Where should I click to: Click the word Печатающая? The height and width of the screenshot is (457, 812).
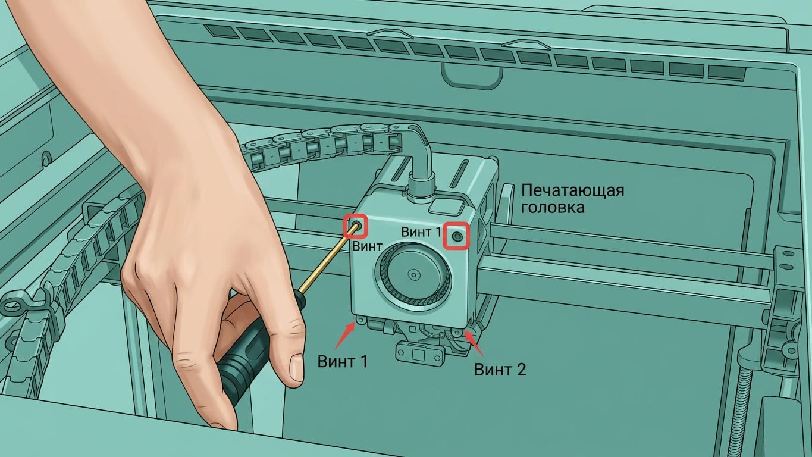[x=573, y=190]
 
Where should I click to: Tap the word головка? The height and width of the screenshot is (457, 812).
[x=553, y=208]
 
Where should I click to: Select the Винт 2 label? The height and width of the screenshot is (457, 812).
[x=500, y=370]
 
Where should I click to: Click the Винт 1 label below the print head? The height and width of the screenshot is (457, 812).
[x=343, y=362]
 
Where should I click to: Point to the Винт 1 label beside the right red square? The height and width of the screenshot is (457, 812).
[x=421, y=232]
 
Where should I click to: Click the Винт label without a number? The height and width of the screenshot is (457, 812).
[x=367, y=246]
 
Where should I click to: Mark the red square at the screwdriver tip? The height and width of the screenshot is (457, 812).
[x=356, y=227]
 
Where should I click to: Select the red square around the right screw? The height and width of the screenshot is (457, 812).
[x=457, y=236]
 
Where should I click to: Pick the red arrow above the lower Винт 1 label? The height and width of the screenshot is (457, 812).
[x=346, y=336]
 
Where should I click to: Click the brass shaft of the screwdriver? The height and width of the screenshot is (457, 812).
[x=328, y=258]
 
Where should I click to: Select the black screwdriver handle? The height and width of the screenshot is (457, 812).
[x=254, y=345]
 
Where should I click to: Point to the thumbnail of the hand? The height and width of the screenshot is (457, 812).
[x=296, y=367]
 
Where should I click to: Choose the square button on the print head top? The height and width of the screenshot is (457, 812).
[x=446, y=207]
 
